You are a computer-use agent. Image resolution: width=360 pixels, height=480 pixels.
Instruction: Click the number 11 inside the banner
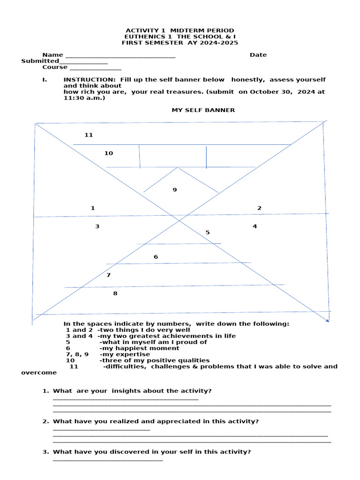tap(89, 135)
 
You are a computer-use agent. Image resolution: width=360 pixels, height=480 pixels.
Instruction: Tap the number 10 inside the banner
tap(108, 153)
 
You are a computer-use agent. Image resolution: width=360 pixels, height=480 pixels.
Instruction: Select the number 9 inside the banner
tap(174, 190)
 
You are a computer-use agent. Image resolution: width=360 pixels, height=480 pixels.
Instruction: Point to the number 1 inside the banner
tap(93, 208)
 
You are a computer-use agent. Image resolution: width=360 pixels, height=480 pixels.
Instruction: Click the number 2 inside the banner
tap(259, 208)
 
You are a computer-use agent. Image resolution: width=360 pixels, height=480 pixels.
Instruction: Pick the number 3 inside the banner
tap(97, 226)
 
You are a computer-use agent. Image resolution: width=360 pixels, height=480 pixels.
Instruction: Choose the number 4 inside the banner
tap(255, 226)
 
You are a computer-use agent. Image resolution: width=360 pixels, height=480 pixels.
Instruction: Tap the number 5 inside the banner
tap(207, 232)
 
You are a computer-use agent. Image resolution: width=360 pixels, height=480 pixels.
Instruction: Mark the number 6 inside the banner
tap(156, 257)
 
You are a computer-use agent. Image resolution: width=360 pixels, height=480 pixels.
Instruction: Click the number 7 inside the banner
tap(108, 275)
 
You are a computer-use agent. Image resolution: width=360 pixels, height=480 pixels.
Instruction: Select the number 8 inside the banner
tap(115, 293)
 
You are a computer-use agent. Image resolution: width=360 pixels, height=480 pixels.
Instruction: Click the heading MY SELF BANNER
tap(203, 110)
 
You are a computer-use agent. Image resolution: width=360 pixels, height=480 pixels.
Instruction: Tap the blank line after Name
tap(120, 57)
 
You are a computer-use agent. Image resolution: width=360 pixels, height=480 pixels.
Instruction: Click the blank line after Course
tap(95, 69)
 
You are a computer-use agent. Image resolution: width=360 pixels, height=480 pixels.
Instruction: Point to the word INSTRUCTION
tap(89, 80)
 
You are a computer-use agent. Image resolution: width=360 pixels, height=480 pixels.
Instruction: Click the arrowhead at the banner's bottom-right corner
tap(327, 320)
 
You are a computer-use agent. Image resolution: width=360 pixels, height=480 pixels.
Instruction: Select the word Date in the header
tap(258, 55)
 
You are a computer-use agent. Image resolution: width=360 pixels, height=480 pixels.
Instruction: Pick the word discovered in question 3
tap(143, 452)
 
